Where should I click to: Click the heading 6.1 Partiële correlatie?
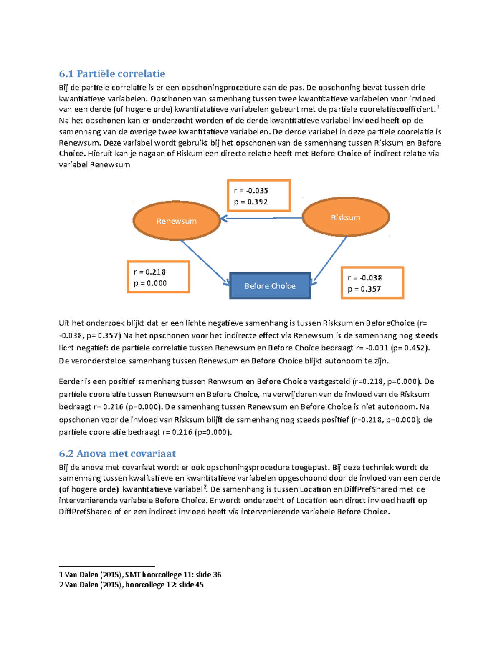(x=112, y=74)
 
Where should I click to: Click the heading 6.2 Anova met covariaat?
(x=117, y=454)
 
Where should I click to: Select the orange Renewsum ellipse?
(x=177, y=221)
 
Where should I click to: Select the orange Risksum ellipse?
(x=346, y=217)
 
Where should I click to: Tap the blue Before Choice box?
(x=270, y=286)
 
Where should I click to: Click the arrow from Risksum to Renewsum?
(x=261, y=218)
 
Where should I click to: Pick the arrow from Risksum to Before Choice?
(x=330, y=259)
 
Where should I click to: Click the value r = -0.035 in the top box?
(x=251, y=191)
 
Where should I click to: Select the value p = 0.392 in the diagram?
(x=251, y=202)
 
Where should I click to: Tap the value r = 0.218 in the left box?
(x=149, y=272)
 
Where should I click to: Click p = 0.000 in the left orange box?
(x=150, y=283)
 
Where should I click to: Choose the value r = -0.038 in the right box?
(x=364, y=278)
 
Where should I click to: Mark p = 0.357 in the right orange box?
(x=364, y=289)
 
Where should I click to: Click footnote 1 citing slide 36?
(x=140, y=575)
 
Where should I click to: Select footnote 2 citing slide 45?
(x=131, y=585)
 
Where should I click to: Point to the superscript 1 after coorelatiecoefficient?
(x=438, y=107)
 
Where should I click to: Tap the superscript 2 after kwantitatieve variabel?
(x=205, y=487)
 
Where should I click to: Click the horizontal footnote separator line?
(x=107, y=567)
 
